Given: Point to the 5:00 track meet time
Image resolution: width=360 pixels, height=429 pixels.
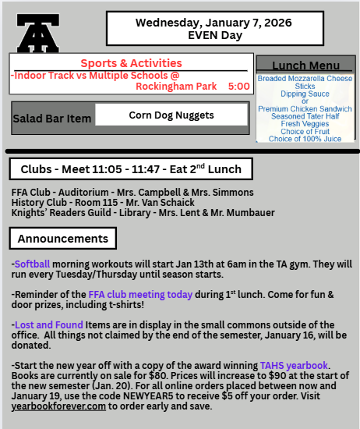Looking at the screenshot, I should tap(238, 86).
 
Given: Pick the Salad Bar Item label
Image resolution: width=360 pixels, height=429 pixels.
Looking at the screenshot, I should tap(52, 119).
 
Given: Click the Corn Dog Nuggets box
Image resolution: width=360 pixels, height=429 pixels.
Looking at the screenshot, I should tap(170, 115).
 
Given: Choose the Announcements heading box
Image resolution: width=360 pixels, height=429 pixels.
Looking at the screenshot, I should tap(63, 238).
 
